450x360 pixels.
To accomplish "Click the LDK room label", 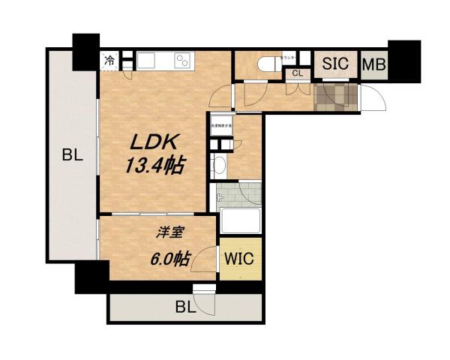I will click(156, 142).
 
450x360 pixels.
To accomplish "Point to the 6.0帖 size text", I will click(168, 259).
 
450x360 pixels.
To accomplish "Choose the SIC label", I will click(334, 64).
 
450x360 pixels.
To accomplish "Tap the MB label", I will click(373, 64).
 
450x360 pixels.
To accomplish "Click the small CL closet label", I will click(298, 73).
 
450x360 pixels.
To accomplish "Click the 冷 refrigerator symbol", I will click(110, 60).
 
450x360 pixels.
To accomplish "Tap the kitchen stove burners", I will click(182, 61).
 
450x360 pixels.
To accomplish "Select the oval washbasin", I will click(220, 166).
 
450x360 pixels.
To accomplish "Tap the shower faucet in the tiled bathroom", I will click(219, 199).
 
